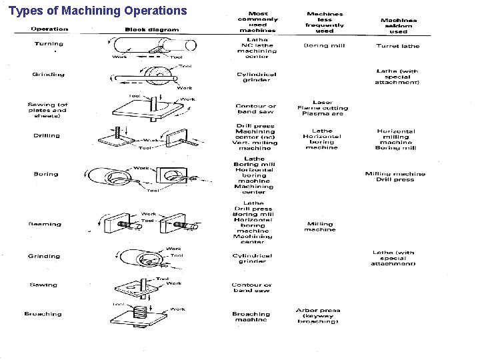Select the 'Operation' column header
click(49, 29)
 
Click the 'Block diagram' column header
click(151, 29)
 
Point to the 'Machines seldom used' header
click(398, 26)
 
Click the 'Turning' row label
click(49, 44)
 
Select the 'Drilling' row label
click(47, 135)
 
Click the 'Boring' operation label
click(46, 174)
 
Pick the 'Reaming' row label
click(45, 224)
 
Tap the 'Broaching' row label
click(43, 314)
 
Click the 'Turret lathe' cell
click(397, 46)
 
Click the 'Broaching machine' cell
click(251, 317)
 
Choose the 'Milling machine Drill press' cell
click(395, 177)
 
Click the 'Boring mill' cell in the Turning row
click(324, 45)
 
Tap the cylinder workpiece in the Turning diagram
click(153, 45)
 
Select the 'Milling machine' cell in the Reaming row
click(320, 227)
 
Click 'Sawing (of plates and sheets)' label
click(47, 110)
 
